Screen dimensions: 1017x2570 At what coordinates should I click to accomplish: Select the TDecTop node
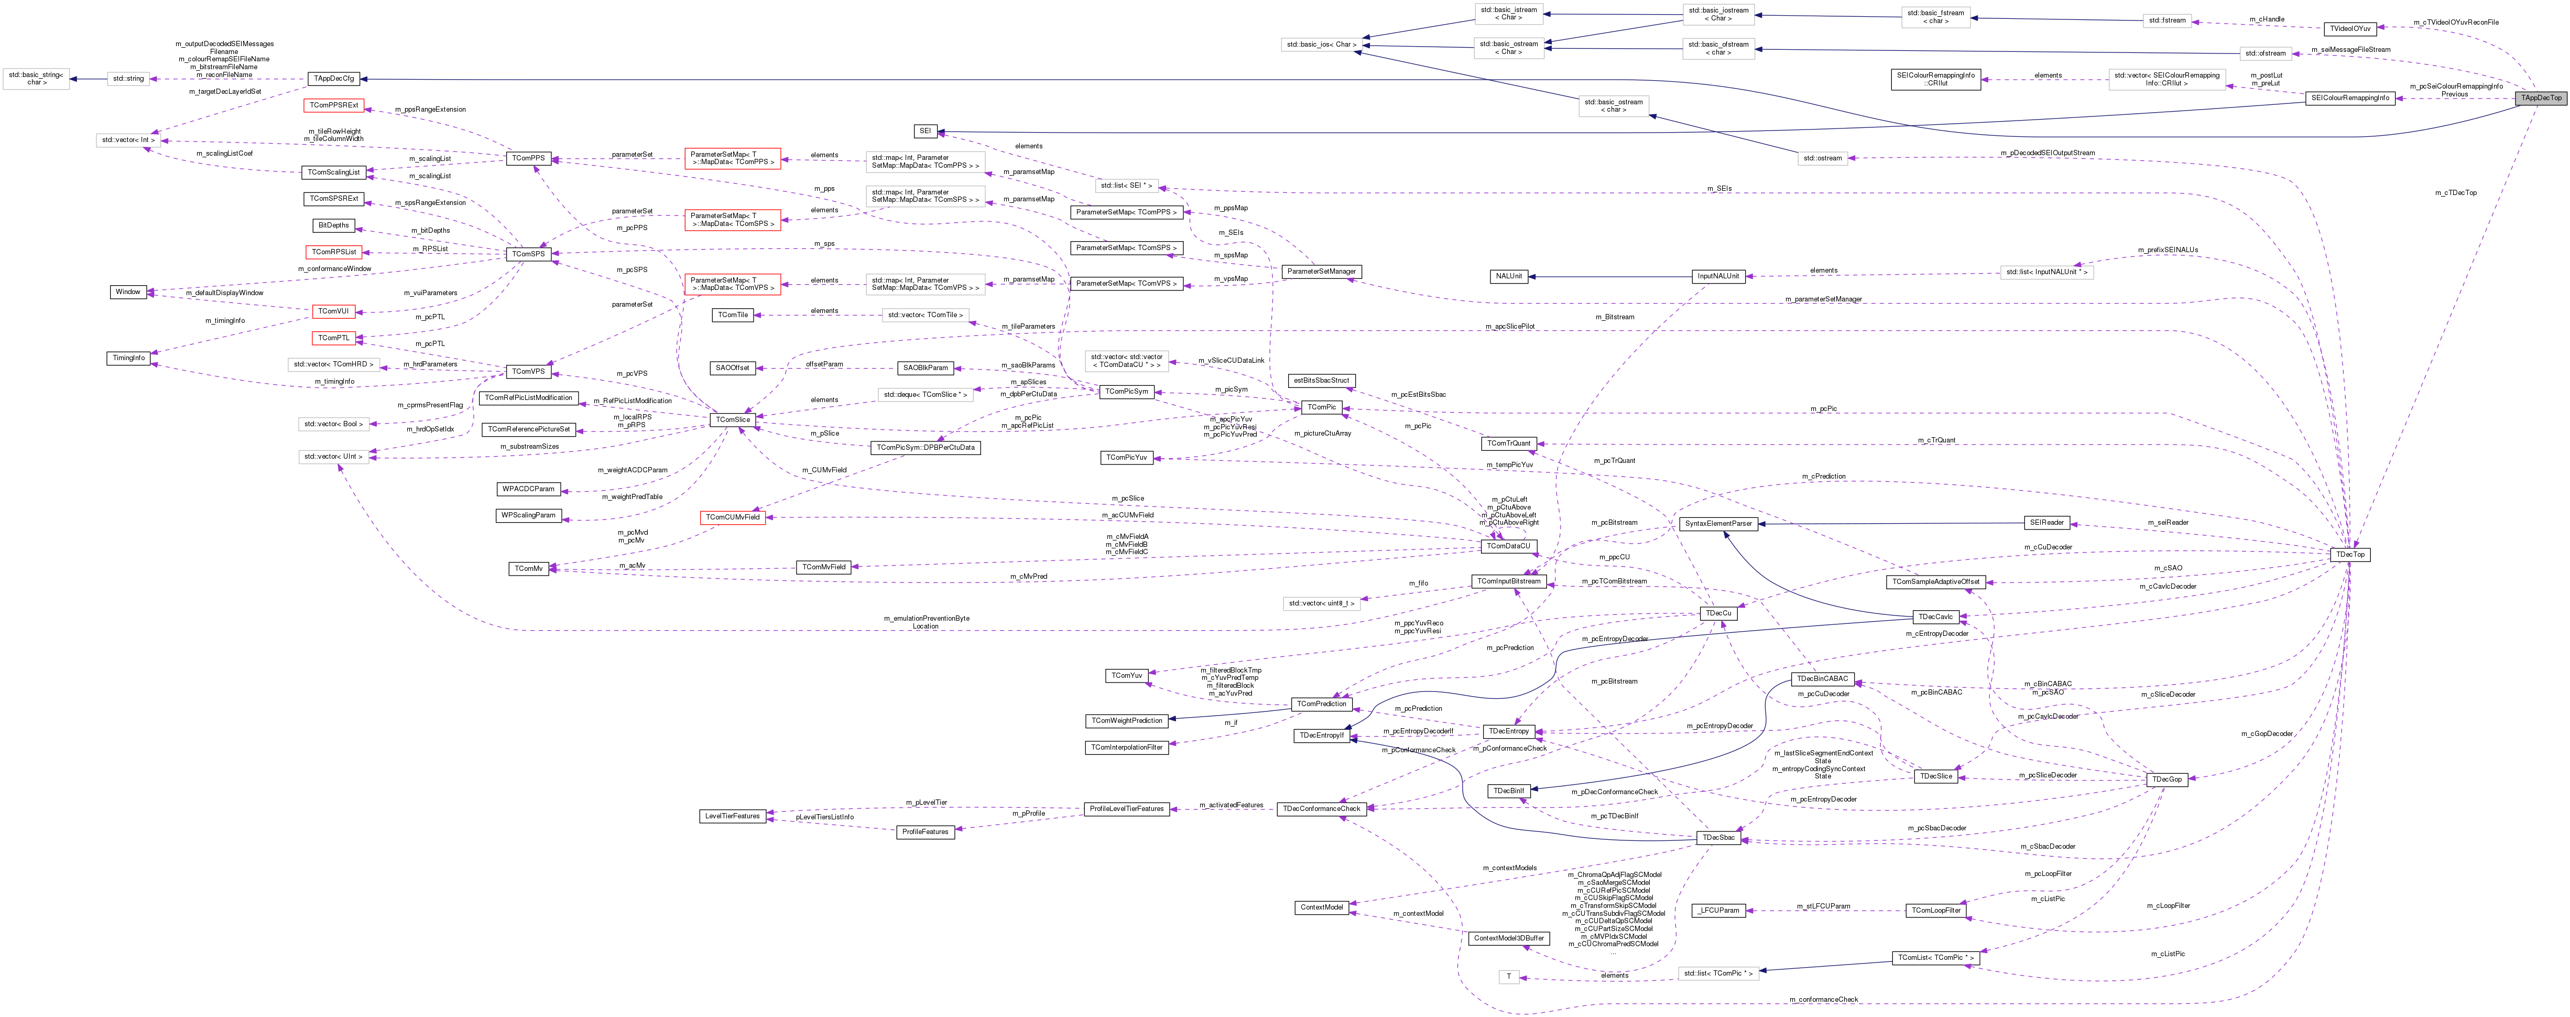2349,554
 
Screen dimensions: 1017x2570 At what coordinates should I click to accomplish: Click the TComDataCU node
1508,546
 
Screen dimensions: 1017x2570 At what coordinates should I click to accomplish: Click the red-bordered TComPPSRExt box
333,105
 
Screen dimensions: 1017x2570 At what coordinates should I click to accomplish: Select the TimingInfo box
129,358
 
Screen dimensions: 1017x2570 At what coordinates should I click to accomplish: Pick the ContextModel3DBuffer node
1508,938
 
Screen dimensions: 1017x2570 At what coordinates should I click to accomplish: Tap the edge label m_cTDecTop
2455,192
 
